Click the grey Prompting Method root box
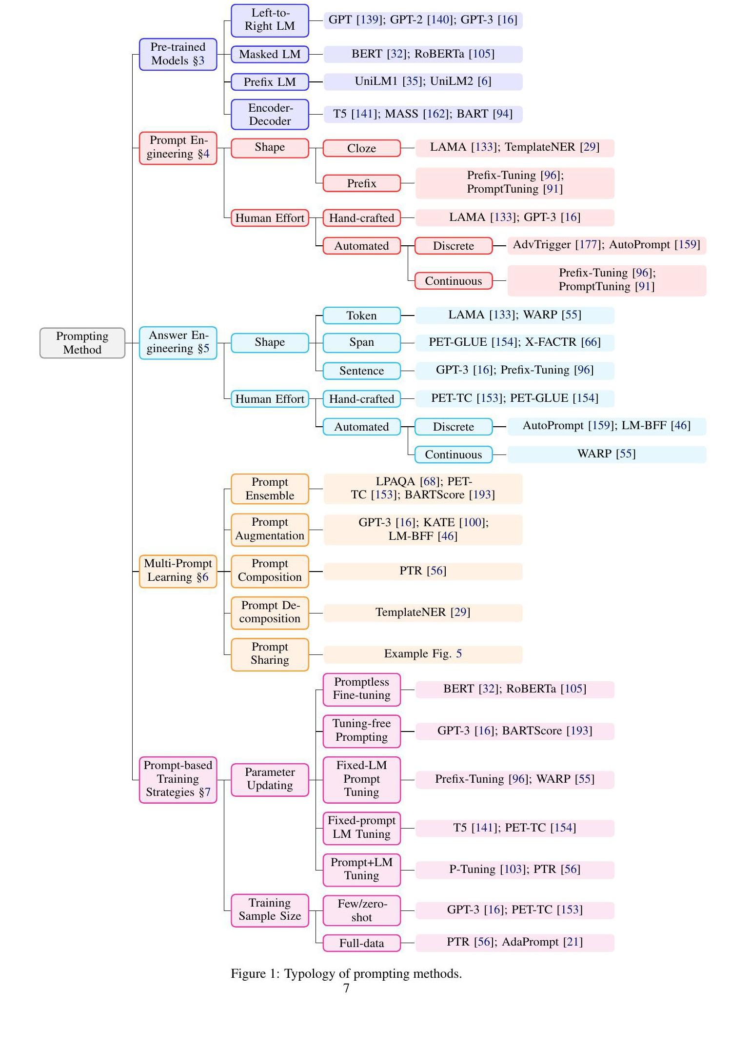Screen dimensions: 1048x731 [x=82, y=343]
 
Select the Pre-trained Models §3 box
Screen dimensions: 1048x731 [x=178, y=54]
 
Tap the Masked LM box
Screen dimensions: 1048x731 [x=270, y=54]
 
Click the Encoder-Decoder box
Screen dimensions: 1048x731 [x=270, y=114]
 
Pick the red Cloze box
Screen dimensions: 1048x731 [x=361, y=148]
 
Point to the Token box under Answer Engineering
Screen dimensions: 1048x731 [x=361, y=316]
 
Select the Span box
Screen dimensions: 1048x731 [x=361, y=342]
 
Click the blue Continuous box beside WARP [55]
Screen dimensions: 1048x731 [x=453, y=455]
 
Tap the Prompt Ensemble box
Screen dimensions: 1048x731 [x=270, y=489]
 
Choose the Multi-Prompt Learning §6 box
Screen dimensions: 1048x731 [x=178, y=571]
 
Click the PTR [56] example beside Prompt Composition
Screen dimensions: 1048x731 [x=422, y=571]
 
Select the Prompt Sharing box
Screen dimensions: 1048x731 [x=270, y=653]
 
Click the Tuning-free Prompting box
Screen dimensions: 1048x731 [x=361, y=730]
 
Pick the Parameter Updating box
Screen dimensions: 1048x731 [x=270, y=779]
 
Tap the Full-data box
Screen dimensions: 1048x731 [x=361, y=943]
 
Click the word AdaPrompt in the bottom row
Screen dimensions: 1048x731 [x=530, y=942]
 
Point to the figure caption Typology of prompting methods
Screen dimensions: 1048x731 [x=346, y=974]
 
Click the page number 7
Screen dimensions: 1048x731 [x=346, y=989]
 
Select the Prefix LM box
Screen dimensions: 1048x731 [x=270, y=82]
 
